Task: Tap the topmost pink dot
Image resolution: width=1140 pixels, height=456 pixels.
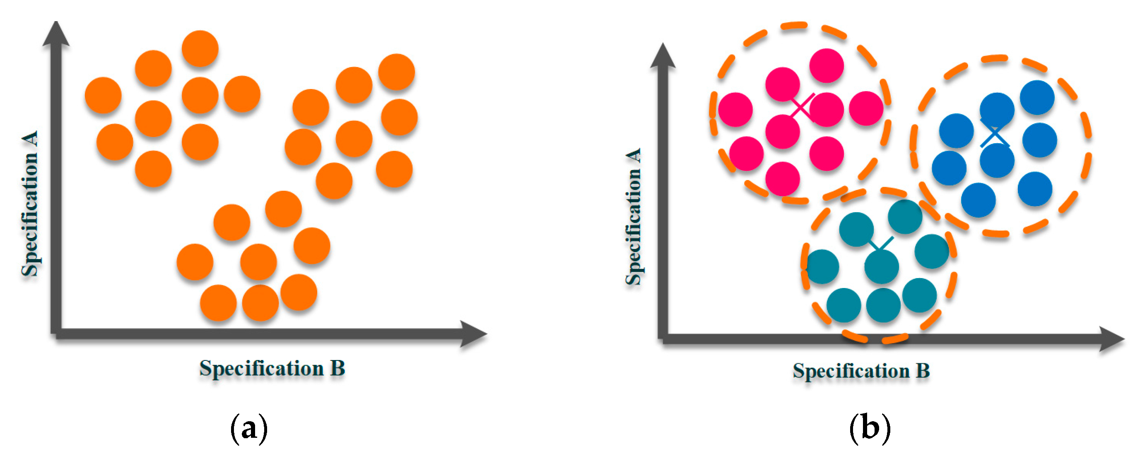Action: pyautogui.click(x=826, y=65)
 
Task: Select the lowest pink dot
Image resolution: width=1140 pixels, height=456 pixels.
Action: pyautogui.click(x=782, y=179)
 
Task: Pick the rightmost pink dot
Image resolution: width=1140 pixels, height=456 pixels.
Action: pyautogui.click(x=866, y=108)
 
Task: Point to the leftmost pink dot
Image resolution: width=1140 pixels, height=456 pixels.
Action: pyautogui.click(x=735, y=110)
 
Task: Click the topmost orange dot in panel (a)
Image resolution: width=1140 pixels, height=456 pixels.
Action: pyautogui.click(x=200, y=48)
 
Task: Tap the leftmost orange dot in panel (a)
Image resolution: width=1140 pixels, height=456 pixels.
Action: pyautogui.click(x=103, y=95)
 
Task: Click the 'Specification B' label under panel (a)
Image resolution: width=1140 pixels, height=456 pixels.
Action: pyautogui.click(x=272, y=368)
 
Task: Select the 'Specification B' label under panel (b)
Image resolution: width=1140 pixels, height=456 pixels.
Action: pyautogui.click(x=861, y=371)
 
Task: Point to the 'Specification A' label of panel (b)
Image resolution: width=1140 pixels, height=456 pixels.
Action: pyautogui.click(x=633, y=217)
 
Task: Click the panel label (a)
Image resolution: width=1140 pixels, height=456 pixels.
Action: pyautogui.click(x=249, y=427)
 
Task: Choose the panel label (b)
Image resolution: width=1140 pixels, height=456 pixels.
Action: pyautogui.click(x=870, y=427)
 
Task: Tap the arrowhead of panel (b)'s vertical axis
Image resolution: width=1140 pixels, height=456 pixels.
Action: pyautogui.click(x=663, y=57)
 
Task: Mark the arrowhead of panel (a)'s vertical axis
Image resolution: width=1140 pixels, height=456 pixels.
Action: pyautogui.click(x=56, y=34)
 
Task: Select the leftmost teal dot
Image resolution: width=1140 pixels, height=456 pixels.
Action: pyautogui.click(x=822, y=267)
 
